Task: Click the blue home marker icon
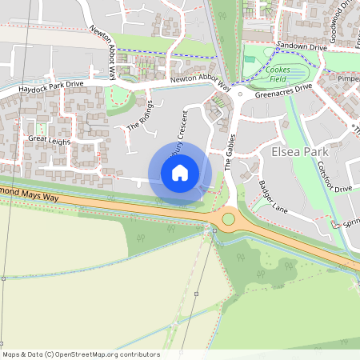pos(180,173)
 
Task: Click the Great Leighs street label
pos(50,141)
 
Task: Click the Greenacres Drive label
pos(281,91)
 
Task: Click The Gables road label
pos(229,153)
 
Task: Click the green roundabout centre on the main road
pos(229,218)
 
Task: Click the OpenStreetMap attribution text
pos(81,354)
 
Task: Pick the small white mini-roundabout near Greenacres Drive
pos(240,94)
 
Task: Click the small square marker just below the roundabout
pos(214,230)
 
